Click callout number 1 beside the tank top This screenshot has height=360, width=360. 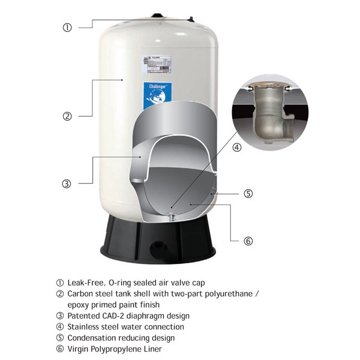(67, 27)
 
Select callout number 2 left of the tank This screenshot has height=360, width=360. (67, 116)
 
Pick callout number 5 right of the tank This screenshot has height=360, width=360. (248, 194)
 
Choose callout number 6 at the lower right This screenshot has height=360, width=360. (248, 241)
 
